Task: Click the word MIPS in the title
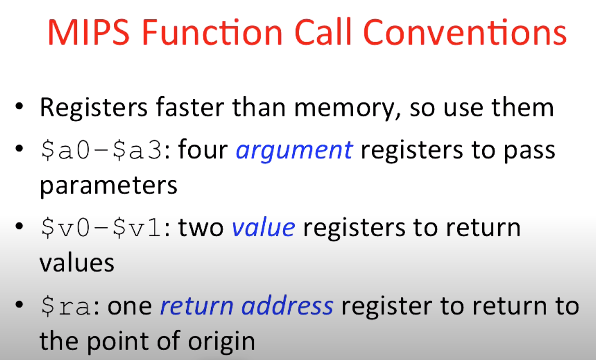(88, 32)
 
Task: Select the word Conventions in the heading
(465, 32)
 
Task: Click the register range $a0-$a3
(102, 150)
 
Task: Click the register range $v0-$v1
(102, 228)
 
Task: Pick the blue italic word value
(263, 228)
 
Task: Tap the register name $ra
(66, 306)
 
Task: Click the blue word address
(288, 306)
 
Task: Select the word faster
(190, 107)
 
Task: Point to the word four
(203, 150)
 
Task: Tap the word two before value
(201, 228)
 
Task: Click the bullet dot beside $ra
(19, 305)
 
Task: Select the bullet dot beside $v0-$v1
(19, 227)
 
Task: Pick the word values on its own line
(77, 263)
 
